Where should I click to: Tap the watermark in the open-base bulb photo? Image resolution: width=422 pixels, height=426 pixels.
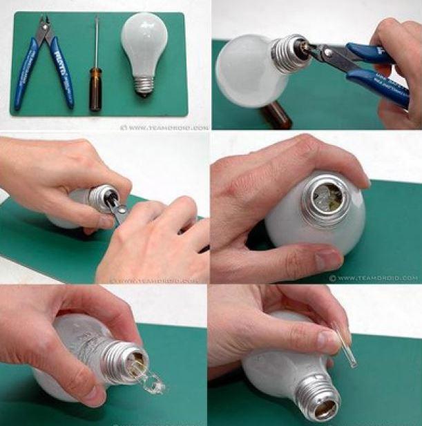[373, 278]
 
